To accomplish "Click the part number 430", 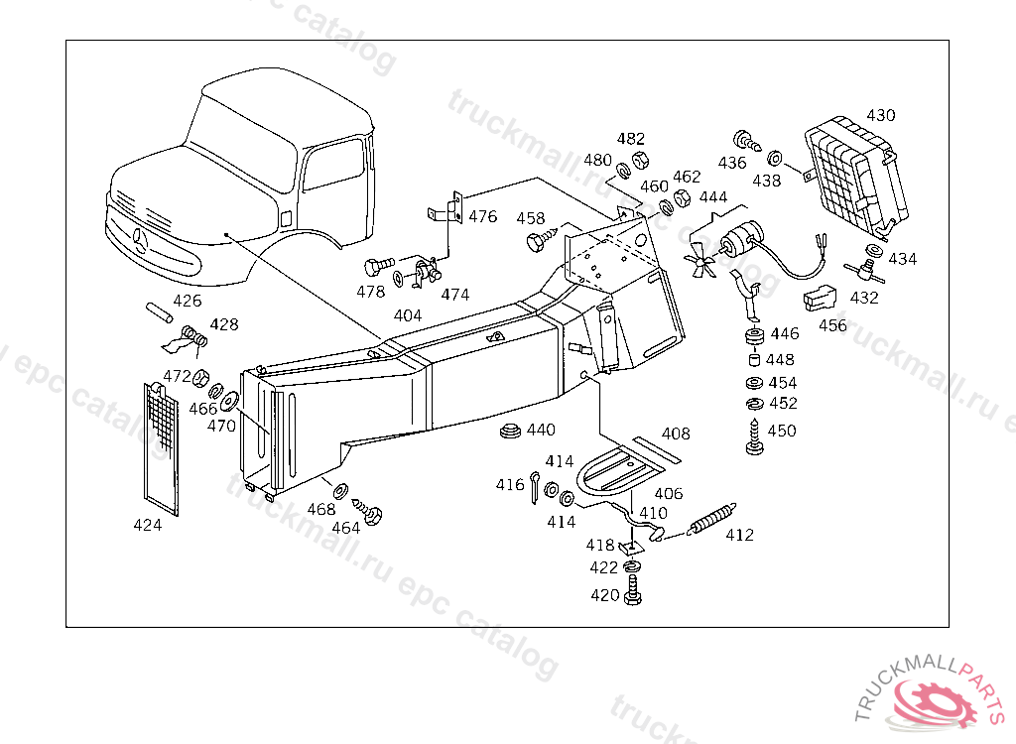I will [x=880, y=115].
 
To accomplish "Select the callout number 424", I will [x=147, y=526].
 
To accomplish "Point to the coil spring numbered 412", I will [x=710, y=519].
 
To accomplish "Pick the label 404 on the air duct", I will [x=408, y=314].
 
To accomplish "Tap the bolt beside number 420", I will [x=634, y=595].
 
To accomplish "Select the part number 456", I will [x=832, y=325].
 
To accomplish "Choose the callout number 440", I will [x=541, y=430].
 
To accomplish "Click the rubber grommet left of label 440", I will [x=511, y=433].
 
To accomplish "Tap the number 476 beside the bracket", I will [x=483, y=217].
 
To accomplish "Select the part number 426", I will [x=187, y=301].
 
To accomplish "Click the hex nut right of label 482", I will [x=639, y=161].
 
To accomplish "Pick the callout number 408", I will [x=676, y=434].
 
